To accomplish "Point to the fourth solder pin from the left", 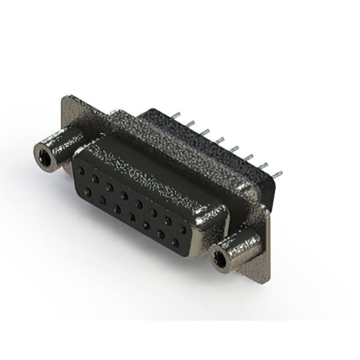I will (219, 138).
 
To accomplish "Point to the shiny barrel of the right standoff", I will (242, 247).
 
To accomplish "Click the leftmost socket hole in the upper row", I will (82, 169).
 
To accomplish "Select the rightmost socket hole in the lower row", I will (175, 243).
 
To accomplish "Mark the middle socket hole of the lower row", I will (131, 217).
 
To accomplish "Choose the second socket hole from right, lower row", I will (160, 235).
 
